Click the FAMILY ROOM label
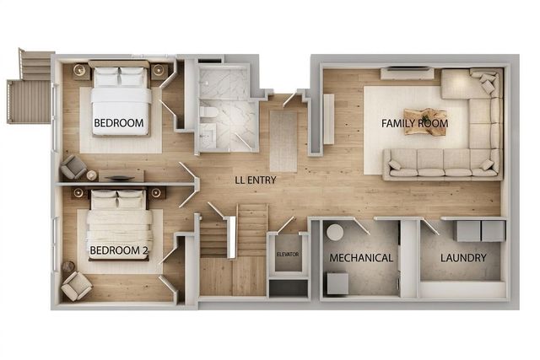pyautogui.click(x=414, y=123)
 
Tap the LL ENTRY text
pyautogui.click(x=256, y=180)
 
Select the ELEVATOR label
pyautogui.click(x=288, y=255)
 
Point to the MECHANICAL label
pyautogui.click(x=361, y=258)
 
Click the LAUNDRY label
pyautogui.click(x=463, y=257)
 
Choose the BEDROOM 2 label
pyautogui.click(x=119, y=250)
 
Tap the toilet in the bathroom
pyautogui.click(x=208, y=113)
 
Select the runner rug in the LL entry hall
pyautogui.click(x=283, y=141)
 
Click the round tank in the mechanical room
pyautogui.click(x=335, y=233)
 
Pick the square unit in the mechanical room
pyautogui.click(x=337, y=283)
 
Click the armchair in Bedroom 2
pyautogui.click(x=76, y=287)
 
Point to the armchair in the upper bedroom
pyautogui.click(x=73, y=167)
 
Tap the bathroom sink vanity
pyautogui.click(x=208, y=137)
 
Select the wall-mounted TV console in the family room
pyautogui.click(x=407, y=73)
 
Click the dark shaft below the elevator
pyautogui.click(x=288, y=288)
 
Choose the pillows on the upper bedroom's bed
pyautogui.click(x=119, y=77)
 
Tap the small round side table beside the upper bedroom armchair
pyautogui.click(x=92, y=175)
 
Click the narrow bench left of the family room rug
pyautogui.click(x=328, y=119)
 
